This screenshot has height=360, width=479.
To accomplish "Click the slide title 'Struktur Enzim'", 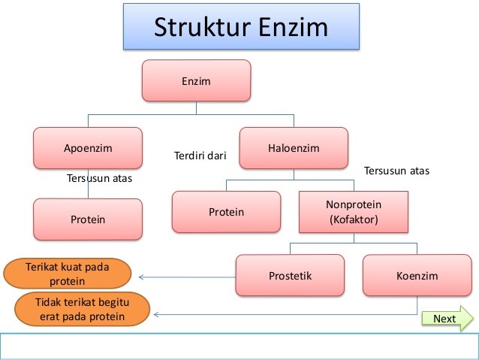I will pyautogui.click(x=240, y=29).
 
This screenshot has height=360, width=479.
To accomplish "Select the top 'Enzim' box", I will pyautogui.click(x=196, y=80).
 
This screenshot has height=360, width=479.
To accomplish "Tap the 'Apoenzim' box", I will pyautogui.click(x=88, y=148).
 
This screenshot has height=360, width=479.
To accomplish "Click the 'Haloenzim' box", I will pyautogui.click(x=294, y=148).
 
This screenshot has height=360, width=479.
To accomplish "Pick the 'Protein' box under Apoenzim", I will pyautogui.click(x=88, y=219).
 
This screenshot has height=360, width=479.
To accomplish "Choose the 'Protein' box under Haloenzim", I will pyautogui.click(x=226, y=212).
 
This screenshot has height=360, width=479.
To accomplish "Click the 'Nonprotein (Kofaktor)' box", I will pyautogui.click(x=353, y=212).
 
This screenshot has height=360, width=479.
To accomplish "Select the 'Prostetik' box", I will pyautogui.click(x=290, y=275).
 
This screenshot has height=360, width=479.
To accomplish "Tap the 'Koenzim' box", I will pyautogui.click(x=417, y=275).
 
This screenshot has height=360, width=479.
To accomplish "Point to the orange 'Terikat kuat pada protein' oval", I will pyautogui.click(x=66, y=274).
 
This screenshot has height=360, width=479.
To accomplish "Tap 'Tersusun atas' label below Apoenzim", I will pyautogui.click(x=99, y=179).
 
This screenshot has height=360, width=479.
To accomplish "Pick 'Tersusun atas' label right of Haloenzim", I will pyautogui.click(x=396, y=171).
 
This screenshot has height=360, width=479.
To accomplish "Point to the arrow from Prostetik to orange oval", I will pyautogui.click(x=188, y=276).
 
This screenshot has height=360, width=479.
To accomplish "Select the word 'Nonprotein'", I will pyautogui.click(x=353, y=204).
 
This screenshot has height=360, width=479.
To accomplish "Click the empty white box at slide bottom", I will pyautogui.click(x=239, y=346).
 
